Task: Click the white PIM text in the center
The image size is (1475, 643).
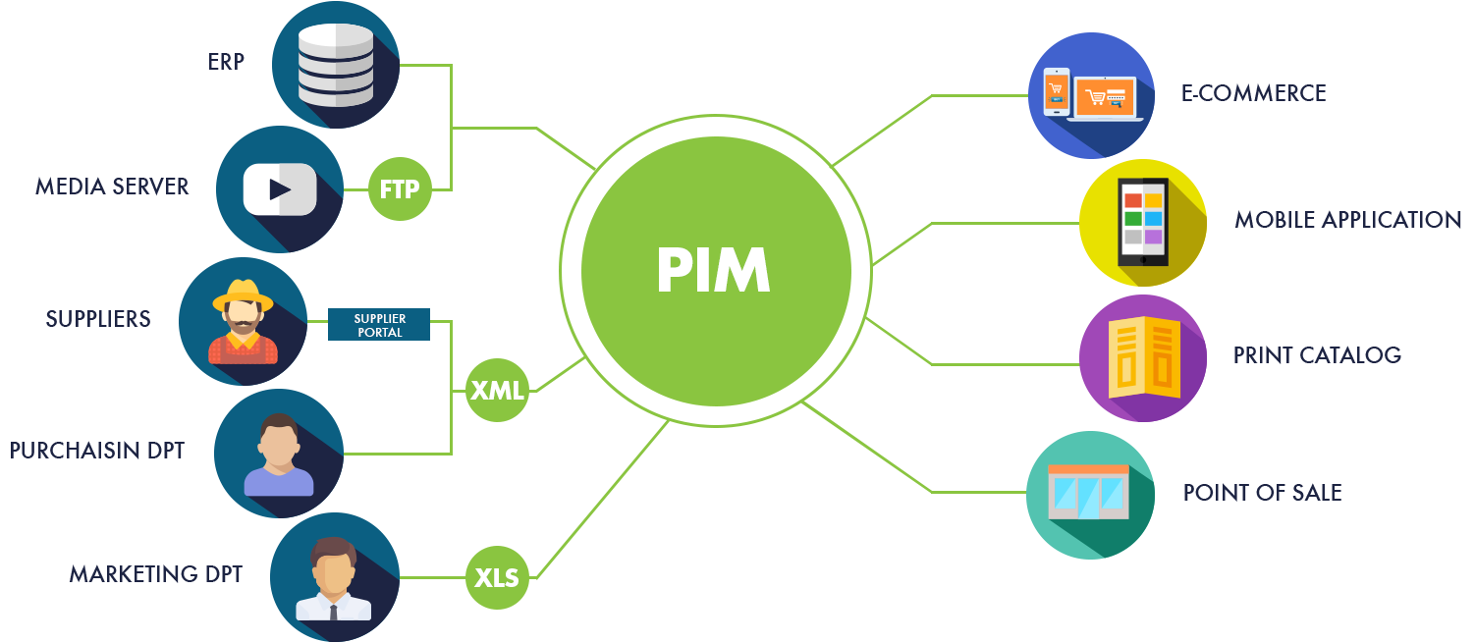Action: [x=713, y=272]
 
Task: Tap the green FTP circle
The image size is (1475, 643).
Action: [x=400, y=188]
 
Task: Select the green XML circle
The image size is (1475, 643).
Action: [x=497, y=391]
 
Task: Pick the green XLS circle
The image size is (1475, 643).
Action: [x=497, y=577]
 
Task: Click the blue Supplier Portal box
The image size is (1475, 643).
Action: [x=379, y=325]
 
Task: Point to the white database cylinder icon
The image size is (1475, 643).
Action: [x=335, y=66]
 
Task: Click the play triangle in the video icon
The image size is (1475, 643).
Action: [x=280, y=188]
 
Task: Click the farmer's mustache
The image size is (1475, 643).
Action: [x=243, y=320]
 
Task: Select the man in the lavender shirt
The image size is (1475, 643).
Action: [x=279, y=456]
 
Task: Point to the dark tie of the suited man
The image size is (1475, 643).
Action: [x=334, y=613]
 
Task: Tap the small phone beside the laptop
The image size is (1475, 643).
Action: [x=1056, y=91]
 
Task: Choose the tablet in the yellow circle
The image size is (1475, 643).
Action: [x=1143, y=222]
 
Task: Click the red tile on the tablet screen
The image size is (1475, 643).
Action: [x=1133, y=200]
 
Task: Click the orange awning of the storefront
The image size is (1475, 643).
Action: [x=1089, y=470]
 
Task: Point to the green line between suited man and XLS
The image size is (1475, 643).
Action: [x=432, y=577]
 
